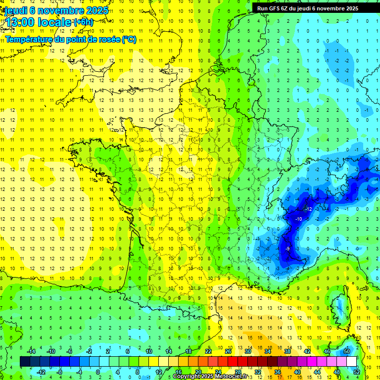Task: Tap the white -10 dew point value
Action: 298,219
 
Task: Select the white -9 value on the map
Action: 287,248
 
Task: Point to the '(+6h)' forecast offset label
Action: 83,22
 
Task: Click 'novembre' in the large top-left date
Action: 62,10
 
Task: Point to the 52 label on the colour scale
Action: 357,372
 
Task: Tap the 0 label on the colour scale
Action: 97,372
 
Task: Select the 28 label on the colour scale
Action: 238,372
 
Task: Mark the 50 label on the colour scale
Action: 347,351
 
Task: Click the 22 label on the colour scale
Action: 208,351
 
